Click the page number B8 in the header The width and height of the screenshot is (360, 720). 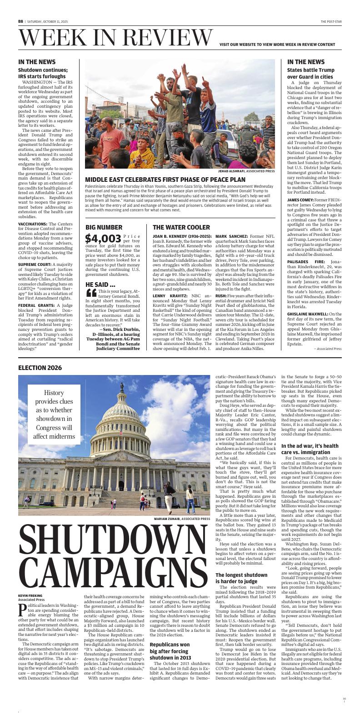tap(20, 21)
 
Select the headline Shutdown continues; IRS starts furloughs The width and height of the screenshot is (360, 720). tap(43, 73)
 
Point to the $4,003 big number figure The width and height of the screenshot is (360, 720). tap(103, 238)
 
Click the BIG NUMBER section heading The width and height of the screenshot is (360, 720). tap(104, 227)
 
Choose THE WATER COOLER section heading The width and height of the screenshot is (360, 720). tap(181, 227)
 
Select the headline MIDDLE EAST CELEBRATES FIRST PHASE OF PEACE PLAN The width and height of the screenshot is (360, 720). tap(165, 180)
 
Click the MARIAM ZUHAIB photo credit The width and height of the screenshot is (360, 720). tap(181, 519)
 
